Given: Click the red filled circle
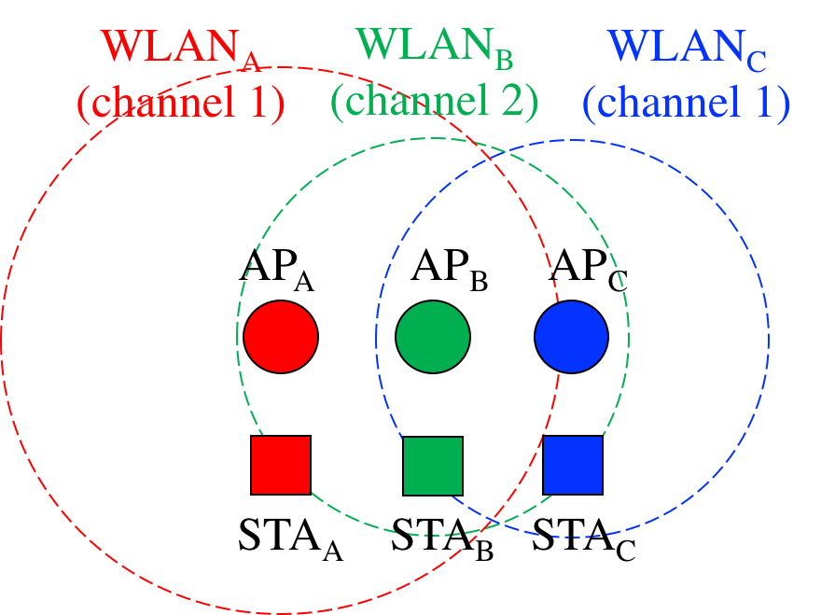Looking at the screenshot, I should point(281,336).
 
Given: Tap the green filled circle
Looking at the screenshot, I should point(432,336).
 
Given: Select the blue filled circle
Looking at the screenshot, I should point(571,336).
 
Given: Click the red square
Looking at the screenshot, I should point(280,465).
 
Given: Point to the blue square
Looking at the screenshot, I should point(572,465).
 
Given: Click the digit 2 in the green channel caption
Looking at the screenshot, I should point(512,102).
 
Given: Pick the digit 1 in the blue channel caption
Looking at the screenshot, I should point(763,102).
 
